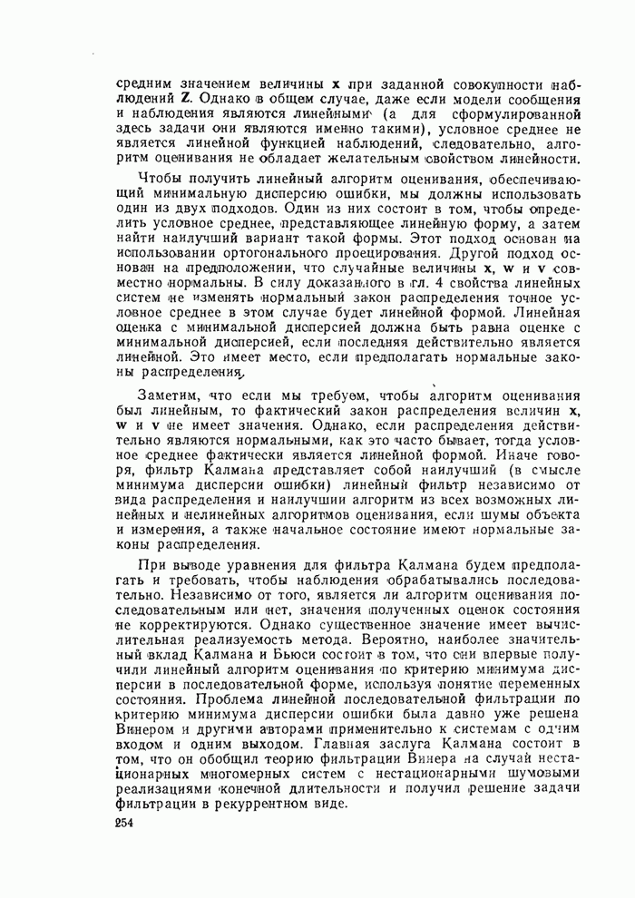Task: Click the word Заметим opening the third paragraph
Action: pos(170,395)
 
